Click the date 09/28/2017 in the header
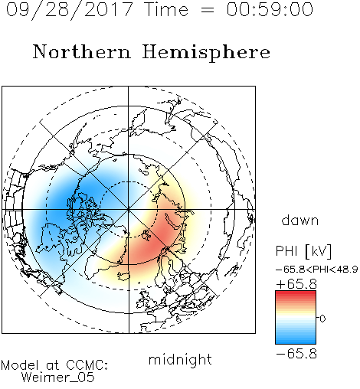pyautogui.click(x=70, y=10)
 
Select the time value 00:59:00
pyautogui.click(x=270, y=9)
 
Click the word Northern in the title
pyautogui.click(x=82, y=52)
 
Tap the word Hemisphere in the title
pyautogui.click(x=206, y=53)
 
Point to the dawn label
pyautogui.click(x=300, y=220)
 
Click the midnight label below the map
pyautogui.click(x=180, y=360)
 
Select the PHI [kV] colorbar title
pyautogui.click(x=303, y=251)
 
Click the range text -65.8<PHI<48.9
pyautogui.click(x=316, y=270)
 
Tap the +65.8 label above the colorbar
pyautogui.click(x=296, y=284)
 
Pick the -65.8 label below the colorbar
pyautogui.click(x=296, y=354)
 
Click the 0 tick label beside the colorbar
pyautogui.click(x=322, y=319)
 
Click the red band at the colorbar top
pyautogui.click(x=296, y=295)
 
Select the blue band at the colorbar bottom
pyautogui.click(x=296, y=340)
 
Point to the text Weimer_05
pyautogui.click(x=58, y=378)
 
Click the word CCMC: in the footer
pyautogui.click(x=87, y=365)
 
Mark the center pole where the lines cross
pyautogui.click(x=129, y=210)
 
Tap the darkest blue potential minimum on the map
pyautogui.click(x=67, y=201)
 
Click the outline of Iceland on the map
pyautogui.click(x=123, y=276)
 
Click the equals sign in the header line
pyautogui.click(x=208, y=10)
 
